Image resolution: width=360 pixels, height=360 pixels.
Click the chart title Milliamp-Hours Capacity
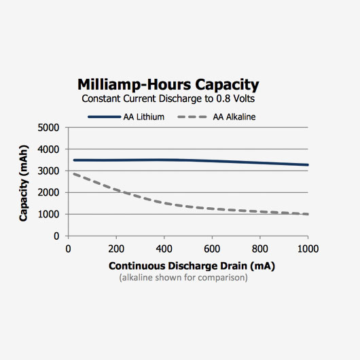168,85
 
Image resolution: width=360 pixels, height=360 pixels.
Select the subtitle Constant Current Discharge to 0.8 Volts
168,98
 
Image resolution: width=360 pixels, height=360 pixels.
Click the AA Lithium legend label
144,117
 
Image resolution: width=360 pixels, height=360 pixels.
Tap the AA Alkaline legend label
234,117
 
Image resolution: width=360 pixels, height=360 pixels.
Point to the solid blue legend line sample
104,117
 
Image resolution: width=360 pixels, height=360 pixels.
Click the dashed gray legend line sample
192,117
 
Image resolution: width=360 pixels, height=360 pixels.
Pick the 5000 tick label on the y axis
48,128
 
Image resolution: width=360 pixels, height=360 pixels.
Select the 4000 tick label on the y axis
48,149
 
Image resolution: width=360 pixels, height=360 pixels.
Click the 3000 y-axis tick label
48,171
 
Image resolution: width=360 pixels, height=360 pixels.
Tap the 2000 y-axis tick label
48,193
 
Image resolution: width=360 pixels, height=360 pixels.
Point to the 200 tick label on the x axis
116,249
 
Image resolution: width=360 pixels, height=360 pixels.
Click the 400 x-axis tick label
164,249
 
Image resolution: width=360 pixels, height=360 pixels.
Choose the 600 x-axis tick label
212,249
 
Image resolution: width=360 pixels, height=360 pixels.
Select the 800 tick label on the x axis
260,249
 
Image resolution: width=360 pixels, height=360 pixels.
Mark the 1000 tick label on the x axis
308,249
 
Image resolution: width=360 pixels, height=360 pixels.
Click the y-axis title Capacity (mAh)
24,183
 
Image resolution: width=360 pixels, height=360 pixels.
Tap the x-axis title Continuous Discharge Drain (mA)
192,266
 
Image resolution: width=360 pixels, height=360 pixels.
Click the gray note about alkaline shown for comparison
183,278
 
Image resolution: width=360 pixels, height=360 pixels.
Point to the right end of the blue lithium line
308,165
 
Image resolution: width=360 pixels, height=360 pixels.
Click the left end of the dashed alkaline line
74,174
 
